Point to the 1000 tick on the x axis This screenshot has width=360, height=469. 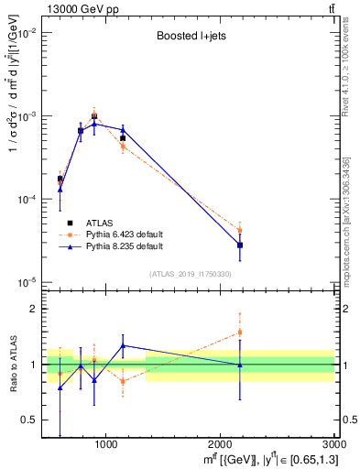pyautogui.click(x=107, y=445)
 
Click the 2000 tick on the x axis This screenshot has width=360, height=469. pyautogui.click(x=222, y=445)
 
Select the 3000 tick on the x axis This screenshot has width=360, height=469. pyautogui.click(x=335, y=445)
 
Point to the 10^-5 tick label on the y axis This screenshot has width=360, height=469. pyautogui.click(x=27, y=281)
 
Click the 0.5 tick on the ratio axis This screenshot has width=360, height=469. pyautogui.click(x=30, y=420)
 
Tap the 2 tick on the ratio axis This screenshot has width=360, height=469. pyautogui.click(x=35, y=309)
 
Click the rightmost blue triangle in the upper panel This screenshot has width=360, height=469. pyautogui.click(x=240, y=245)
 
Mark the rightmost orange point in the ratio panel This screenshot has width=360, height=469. pyautogui.click(x=240, y=333)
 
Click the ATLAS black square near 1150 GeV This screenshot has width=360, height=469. pyautogui.click(x=123, y=138)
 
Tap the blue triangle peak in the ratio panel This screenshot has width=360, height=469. pyautogui.click(x=123, y=345)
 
